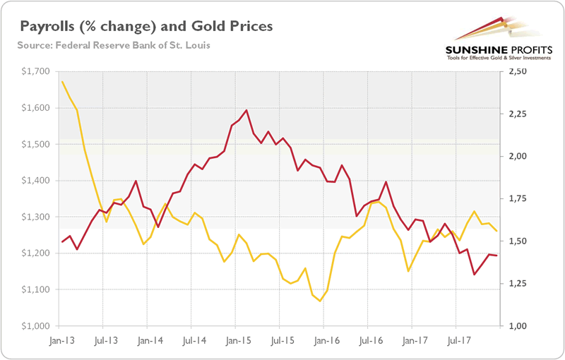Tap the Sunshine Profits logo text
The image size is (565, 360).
[x=492, y=49]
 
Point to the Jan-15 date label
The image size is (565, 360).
[x=237, y=339]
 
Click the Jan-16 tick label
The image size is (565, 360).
[x=324, y=339]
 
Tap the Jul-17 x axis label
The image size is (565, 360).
[x=456, y=339]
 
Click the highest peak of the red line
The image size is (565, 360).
[x=246, y=110]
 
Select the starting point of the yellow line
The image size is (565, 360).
[x=62, y=81]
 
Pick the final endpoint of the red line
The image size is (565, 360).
[x=497, y=256]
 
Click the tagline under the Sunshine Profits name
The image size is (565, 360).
[x=492, y=58]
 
